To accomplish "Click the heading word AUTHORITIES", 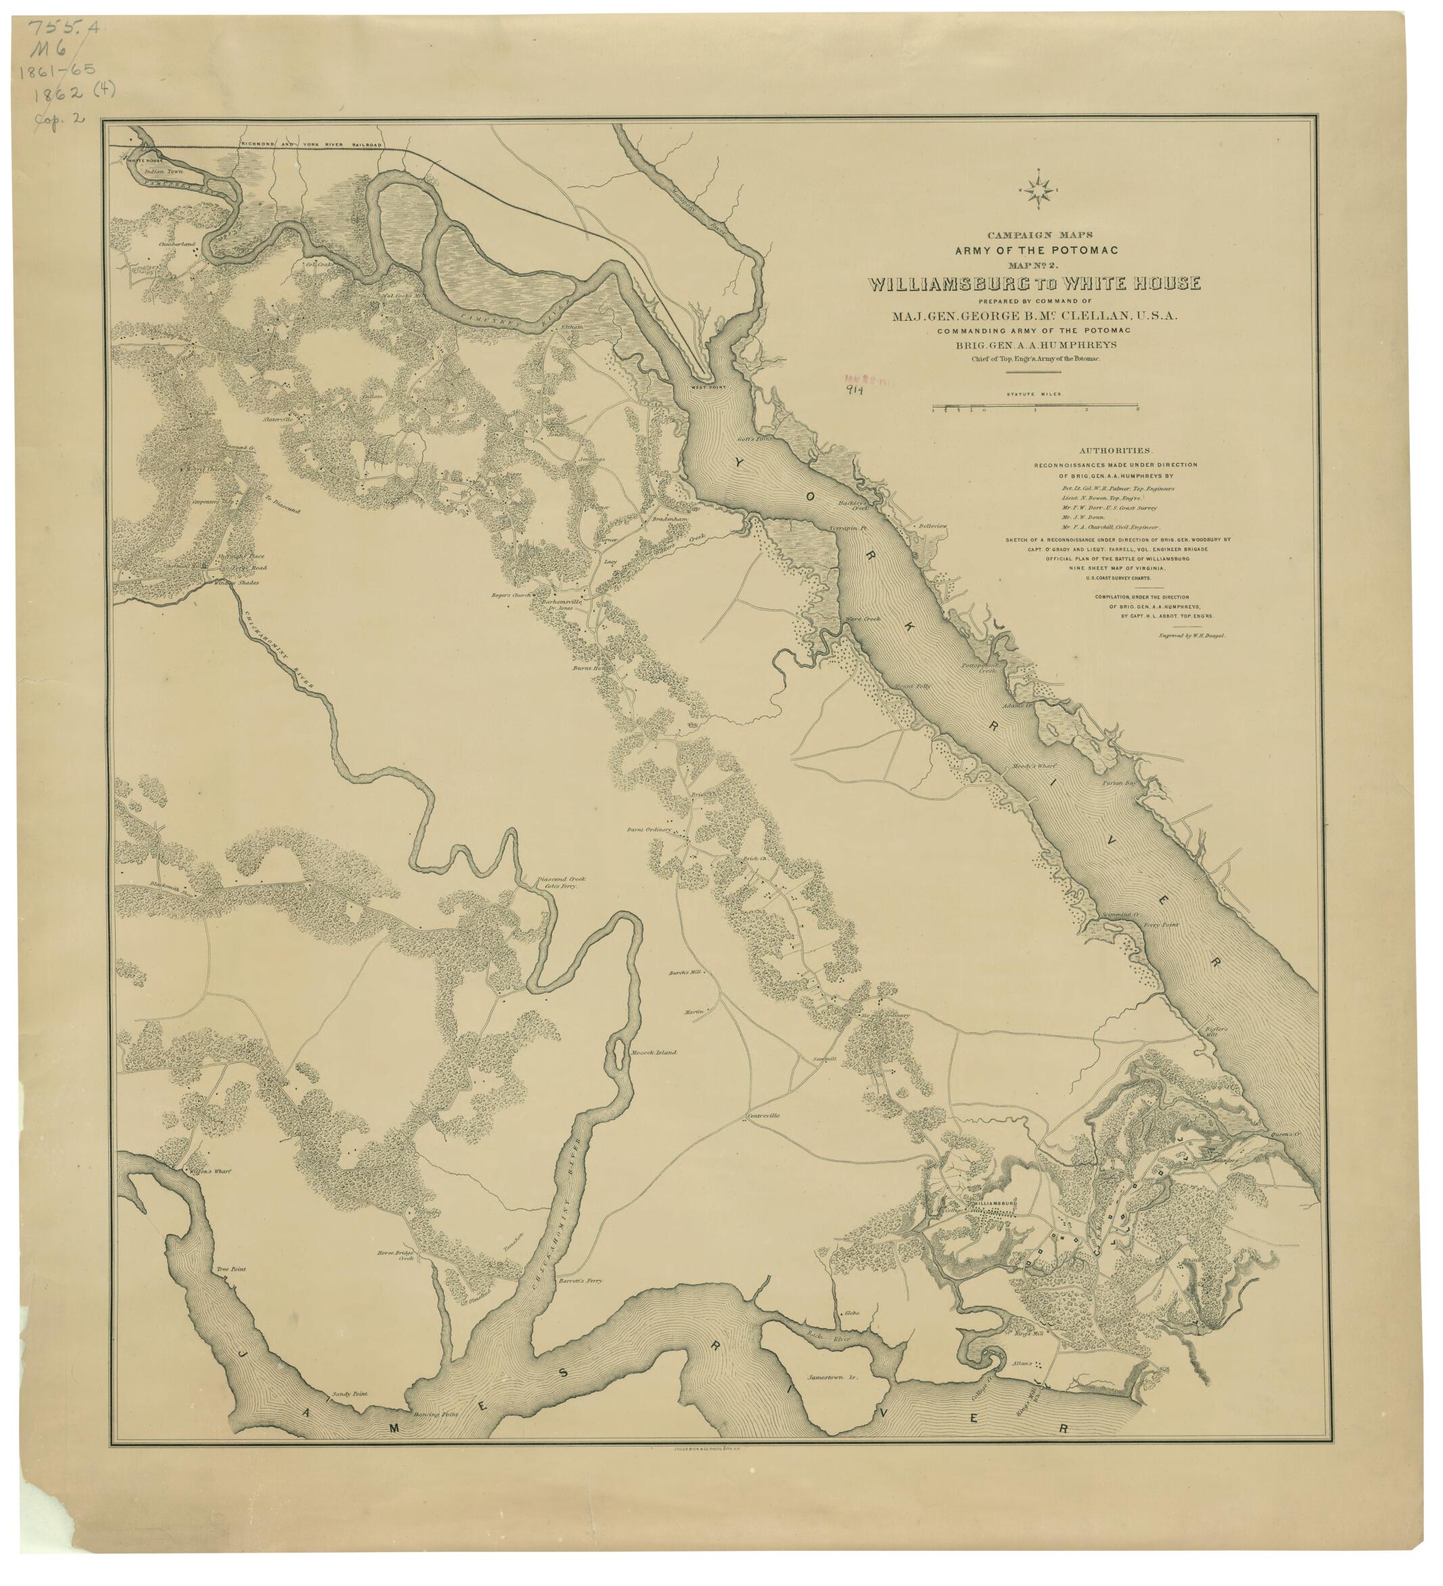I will [1115, 451].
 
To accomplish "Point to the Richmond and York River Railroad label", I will [311, 146].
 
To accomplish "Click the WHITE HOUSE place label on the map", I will [145, 160].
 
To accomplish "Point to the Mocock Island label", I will [654, 1052].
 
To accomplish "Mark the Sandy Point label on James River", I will [349, 1392].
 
